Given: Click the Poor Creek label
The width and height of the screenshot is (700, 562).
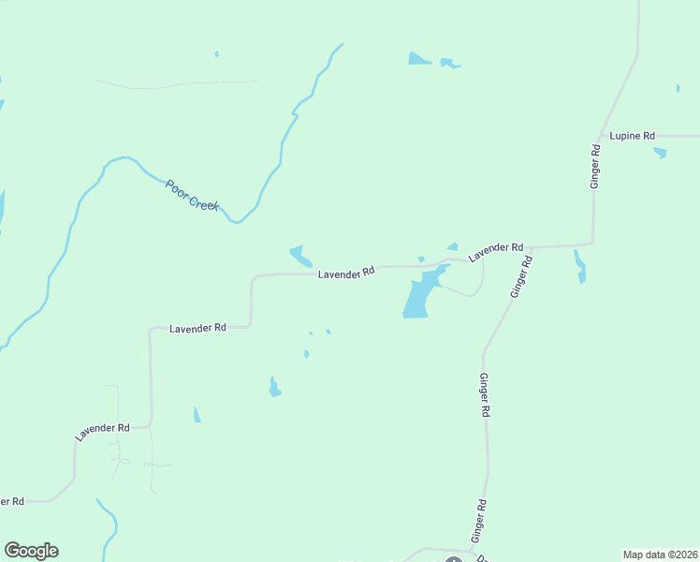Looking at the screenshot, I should pyautogui.click(x=192, y=195).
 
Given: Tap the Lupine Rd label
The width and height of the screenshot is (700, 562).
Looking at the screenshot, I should pyautogui.click(x=632, y=136).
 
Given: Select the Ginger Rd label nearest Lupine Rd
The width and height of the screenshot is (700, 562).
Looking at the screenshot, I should pyautogui.click(x=594, y=167).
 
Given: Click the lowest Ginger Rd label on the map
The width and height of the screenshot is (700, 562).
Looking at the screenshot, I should pyautogui.click(x=479, y=521).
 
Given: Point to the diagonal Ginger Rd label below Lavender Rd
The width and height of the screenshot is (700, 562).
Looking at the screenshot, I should pyautogui.click(x=520, y=277).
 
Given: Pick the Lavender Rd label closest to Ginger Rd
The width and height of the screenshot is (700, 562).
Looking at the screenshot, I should pyautogui.click(x=495, y=251).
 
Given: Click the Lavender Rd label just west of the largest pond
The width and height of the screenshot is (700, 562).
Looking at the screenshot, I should pyautogui.click(x=346, y=273).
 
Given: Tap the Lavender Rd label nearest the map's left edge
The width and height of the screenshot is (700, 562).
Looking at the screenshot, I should pyautogui.click(x=102, y=431).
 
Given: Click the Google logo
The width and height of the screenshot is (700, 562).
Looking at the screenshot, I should pyautogui.click(x=31, y=551).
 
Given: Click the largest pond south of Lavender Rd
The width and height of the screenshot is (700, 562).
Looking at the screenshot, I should pyautogui.click(x=418, y=296).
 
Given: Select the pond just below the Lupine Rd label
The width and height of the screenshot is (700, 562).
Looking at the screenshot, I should pyautogui.click(x=661, y=152).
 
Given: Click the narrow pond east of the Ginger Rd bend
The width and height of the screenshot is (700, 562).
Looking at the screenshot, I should pyautogui.click(x=580, y=266).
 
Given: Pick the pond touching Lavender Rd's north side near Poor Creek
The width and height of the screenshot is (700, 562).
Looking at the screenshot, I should pyautogui.click(x=299, y=255).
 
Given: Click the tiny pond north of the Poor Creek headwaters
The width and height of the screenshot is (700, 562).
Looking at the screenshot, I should pyautogui.click(x=216, y=54).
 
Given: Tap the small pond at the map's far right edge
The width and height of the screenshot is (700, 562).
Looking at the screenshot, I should pyautogui.click(x=678, y=88).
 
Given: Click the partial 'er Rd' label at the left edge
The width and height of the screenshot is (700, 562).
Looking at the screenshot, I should pyautogui.click(x=11, y=501).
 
